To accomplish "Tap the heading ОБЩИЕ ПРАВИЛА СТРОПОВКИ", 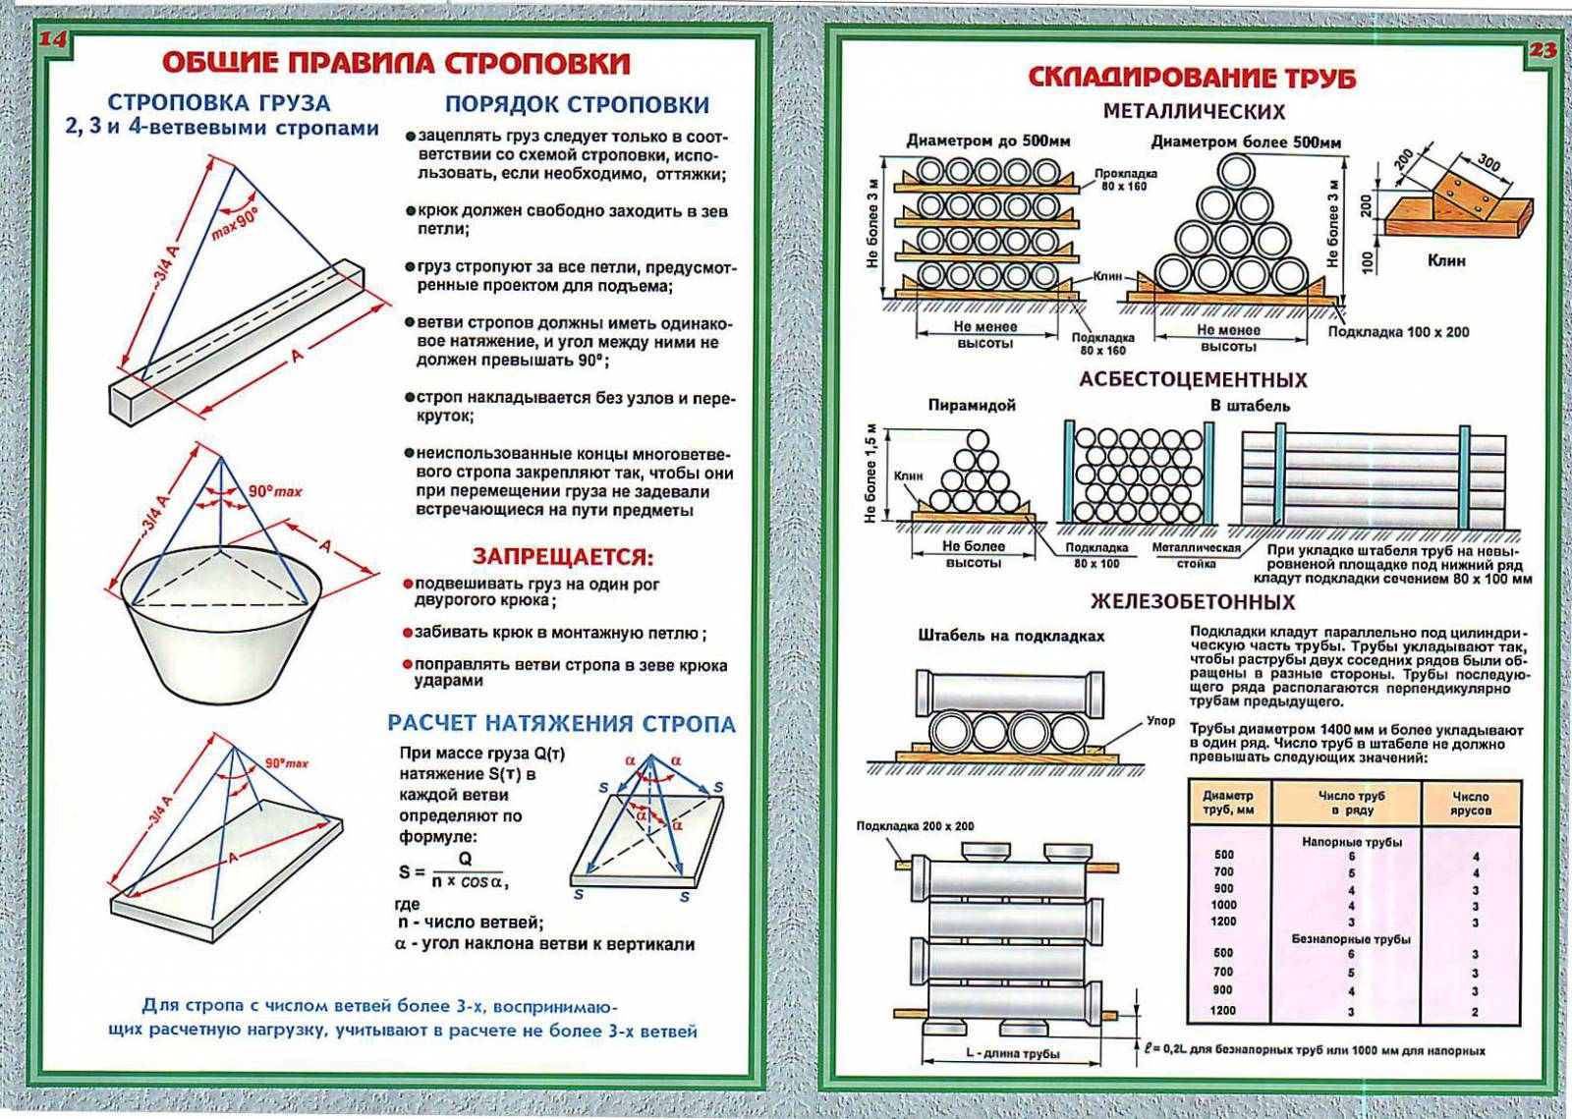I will click(395, 63).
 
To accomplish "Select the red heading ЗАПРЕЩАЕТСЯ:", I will click(563, 557).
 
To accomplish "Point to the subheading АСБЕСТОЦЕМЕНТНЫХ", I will click(1193, 379).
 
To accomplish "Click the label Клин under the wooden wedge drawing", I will click(1445, 260).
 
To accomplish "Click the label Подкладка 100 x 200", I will click(1398, 332).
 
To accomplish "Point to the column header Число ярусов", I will click(1470, 803).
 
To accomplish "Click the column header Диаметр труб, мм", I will click(1228, 803).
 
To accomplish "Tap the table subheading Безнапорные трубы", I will click(1350, 939).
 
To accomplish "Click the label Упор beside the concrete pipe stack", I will click(1160, 721).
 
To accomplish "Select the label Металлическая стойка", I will click(1196, 555).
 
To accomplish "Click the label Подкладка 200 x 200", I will click(915, 826).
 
